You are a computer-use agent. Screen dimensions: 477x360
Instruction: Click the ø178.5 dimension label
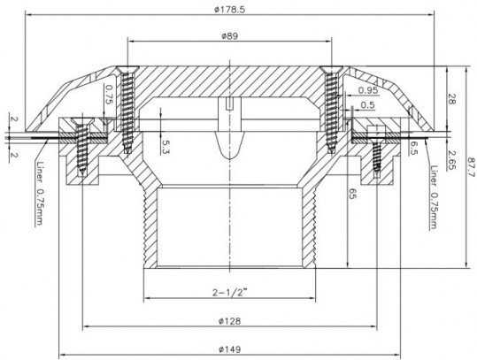coord(229,10)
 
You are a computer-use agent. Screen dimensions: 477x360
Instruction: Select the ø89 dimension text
coord(230,36)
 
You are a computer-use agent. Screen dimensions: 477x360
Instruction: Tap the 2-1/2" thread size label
coord(230,293)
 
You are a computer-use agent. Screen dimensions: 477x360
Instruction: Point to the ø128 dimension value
coord(230,321)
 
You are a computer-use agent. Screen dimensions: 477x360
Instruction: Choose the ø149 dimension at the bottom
coord(230,349)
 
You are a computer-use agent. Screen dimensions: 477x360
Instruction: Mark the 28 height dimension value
coord(451,99)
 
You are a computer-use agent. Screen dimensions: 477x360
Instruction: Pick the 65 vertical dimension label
coord(352,194)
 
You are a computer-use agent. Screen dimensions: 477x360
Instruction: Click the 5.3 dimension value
coord(165,147)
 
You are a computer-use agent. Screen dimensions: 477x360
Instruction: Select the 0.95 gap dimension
coord(368,90)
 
